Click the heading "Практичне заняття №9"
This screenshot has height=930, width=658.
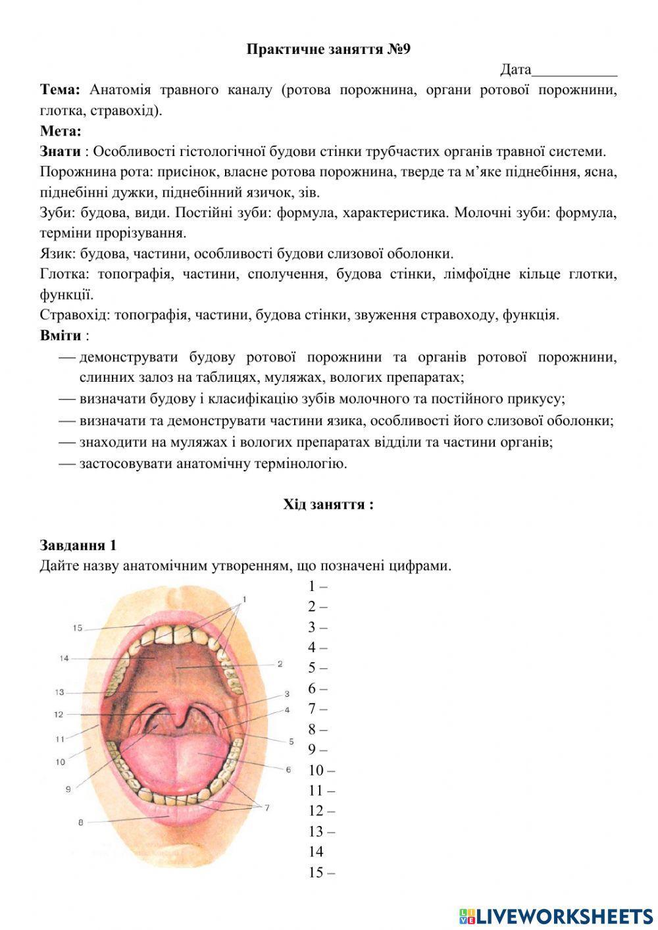coord(328,49)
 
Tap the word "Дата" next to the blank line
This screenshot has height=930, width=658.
coord(515,70)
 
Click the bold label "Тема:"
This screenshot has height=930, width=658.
coord(60,90)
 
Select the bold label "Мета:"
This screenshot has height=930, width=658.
coord(60,131)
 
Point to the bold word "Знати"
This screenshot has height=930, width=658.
coord(60,151)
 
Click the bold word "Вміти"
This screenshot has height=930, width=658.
coord(61,336)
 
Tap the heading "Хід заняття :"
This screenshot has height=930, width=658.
coord(328,505)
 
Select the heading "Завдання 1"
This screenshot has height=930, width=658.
coord(78,545)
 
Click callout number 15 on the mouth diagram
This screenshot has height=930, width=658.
coord(78,628)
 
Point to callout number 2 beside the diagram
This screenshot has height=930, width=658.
coord(280,664)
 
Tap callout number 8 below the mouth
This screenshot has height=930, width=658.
coord(80,822)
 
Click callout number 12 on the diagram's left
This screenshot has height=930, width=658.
coord(59,714)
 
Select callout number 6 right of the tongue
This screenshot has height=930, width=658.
coord(288,769)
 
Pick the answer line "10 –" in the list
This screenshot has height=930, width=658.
coord(321,770)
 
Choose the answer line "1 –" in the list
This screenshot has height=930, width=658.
coord(318,586)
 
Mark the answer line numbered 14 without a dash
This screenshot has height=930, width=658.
coord(316,852)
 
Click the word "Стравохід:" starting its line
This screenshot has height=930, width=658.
coord(74,315)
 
